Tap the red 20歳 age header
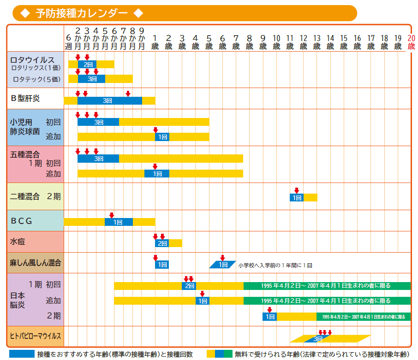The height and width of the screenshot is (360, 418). tap(411, 42)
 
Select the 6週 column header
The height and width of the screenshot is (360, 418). tap(68, 42)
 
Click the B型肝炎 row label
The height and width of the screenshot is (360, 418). tap(25, 98)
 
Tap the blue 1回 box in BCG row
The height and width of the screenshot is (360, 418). tap(119, 222)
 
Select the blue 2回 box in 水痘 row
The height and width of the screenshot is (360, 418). tap(162, 243)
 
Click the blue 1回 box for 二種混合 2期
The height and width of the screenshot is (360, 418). tap(296, 197)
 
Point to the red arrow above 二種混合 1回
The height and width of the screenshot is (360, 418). tap(296, 190)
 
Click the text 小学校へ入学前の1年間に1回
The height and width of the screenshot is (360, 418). tap(275, 266)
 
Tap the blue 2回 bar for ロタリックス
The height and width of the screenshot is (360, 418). tap(87, 65)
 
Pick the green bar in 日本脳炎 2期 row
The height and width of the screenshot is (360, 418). tap(363, 317)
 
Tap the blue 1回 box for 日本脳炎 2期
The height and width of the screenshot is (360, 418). tap(269, 317)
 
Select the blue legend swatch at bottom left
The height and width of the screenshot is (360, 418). tap(21, 354)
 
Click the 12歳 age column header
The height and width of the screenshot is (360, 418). tap(303, 42)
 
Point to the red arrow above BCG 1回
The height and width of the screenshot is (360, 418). tap(111, 215)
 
